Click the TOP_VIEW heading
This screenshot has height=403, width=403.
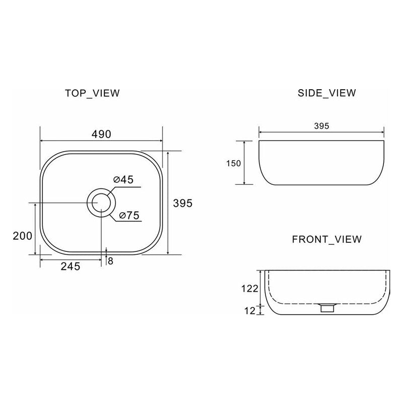[92, 93]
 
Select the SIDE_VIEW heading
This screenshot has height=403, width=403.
[327, 93]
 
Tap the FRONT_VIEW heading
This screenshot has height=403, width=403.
[326, 239]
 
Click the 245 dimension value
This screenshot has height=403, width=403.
[71, 267]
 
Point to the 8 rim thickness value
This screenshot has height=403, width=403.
[110, 260]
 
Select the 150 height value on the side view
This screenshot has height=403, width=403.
[234, 163]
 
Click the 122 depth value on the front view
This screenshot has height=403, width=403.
[250, 289]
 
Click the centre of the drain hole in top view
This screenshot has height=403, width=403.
[101, 203]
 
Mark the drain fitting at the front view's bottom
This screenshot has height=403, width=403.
[327, 307]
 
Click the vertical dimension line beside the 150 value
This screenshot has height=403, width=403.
[245, 163]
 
